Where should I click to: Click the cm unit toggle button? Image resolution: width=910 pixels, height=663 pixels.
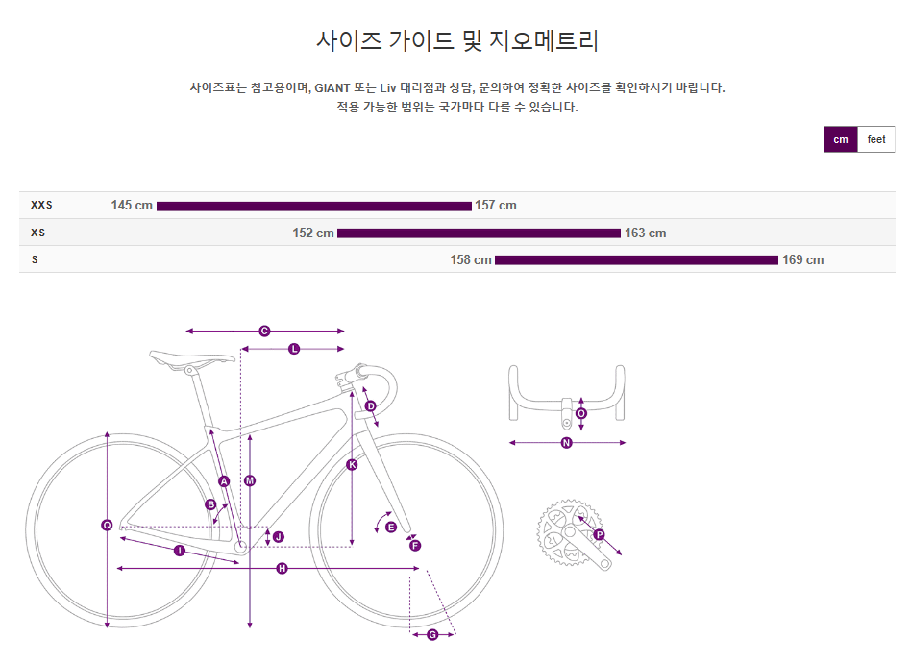click(x=841, y=139)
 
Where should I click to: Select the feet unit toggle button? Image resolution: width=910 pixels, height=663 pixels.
click(x=876, y=139)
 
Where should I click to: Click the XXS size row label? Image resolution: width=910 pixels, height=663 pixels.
click(x=41, y=205)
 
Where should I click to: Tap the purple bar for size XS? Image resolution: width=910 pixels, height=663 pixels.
click(x=479, y=233)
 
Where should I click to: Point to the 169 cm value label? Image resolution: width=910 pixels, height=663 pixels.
click(x=803, y=259)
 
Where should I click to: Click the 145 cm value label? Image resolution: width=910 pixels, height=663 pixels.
click(x=132, y=205)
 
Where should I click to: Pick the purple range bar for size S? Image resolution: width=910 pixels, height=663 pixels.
click(x=636, y=259)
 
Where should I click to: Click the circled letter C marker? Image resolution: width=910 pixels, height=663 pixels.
click(x=264, y=331)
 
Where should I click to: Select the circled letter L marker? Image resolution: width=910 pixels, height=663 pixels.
click(x=294, y=349)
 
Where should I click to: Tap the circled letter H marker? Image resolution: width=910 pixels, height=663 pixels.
click(x=282, y=569)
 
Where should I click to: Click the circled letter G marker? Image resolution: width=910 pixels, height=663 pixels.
click(x=432, y=634)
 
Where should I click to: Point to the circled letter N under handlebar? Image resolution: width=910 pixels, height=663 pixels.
click(x=566, y=443)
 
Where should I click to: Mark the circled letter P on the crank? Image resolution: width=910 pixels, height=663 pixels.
click(x=599, y=534)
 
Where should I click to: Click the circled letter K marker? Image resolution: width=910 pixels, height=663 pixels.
click(x=352, y=465)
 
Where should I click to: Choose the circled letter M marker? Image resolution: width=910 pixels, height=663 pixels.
click(x=250, y=480)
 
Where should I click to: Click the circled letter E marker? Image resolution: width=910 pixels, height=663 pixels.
click(x=390, y=527)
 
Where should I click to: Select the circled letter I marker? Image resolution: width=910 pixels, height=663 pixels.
click(x=180, y=551)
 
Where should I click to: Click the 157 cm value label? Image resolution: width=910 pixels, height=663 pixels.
click(x=496, y=205)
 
